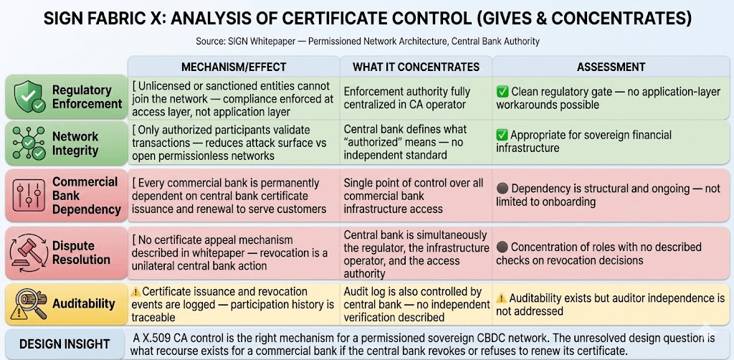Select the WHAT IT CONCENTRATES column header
point(416,67)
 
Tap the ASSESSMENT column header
point(611,67)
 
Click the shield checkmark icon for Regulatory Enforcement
point(28,98)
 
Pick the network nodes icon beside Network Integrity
point(28,143)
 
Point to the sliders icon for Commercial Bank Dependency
point(28,194)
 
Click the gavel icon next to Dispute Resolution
point(28,252)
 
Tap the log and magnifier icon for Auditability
point(28,304)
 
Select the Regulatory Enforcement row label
point(87,97)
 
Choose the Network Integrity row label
point(75,143)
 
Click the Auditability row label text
point(83,304)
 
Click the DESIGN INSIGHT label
point(64,344)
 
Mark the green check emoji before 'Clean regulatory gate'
point(502,92)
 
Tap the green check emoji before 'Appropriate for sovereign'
point(502,135)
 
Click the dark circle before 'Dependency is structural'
point(502,189)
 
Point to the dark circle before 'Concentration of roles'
point(502,247)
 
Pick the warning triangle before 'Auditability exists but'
point(502,298)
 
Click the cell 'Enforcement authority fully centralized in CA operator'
point(407,98)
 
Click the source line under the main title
point(367,42)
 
